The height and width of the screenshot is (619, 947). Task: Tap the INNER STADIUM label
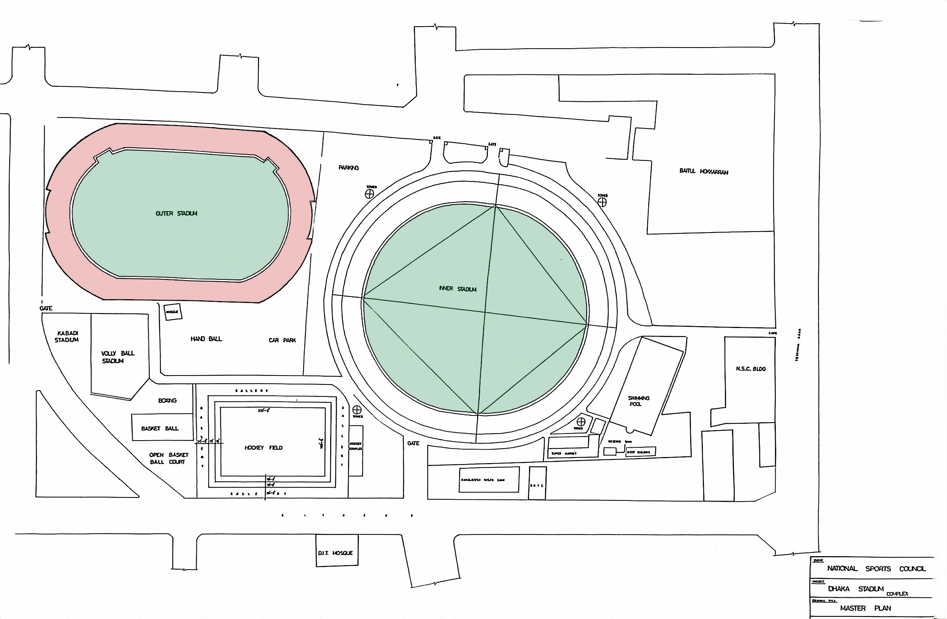click(458, 289)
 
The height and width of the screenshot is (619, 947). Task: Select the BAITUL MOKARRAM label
click(704, 172)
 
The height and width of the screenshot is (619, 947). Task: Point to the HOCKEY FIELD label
click(264, 447)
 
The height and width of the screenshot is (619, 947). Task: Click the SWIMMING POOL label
click(638, 401)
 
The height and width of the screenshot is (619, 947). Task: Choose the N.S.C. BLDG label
click(750, 369)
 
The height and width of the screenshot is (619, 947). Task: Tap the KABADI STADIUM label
click(67, 336)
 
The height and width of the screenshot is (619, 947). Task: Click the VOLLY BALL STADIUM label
click(117, 357)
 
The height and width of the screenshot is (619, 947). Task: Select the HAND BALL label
click(206, 339)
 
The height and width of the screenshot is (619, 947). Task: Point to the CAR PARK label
click(282, 340)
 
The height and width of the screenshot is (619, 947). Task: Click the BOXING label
click(167, 401)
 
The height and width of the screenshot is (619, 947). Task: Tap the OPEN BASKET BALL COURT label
click(169, 458)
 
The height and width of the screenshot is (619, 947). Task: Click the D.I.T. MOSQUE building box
click(336, 550)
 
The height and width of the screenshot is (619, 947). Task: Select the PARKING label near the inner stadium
click(348, 168)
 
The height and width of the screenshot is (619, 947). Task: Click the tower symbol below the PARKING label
click(370, 194)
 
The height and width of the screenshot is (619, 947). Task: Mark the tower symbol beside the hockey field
click(357, 410)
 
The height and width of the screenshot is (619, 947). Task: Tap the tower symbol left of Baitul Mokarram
click(602, 202)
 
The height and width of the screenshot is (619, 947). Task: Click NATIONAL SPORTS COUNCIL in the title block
click(876, 569)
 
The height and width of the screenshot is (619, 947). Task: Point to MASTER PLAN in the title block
click(865, 608)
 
